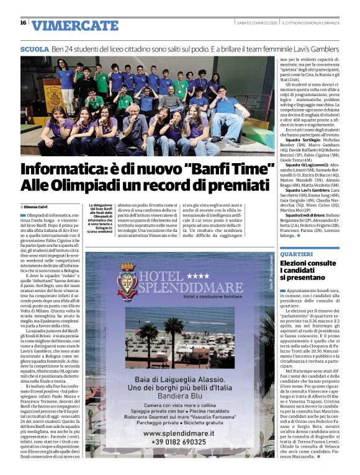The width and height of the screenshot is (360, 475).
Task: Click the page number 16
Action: click(x=23, y=23)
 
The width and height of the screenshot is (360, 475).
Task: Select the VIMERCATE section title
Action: click(x=74, y=25)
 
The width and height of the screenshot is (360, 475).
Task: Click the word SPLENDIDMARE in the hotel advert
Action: click(x=187, y=288)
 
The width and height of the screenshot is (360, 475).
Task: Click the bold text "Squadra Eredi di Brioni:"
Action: click(x=300, y=213)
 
